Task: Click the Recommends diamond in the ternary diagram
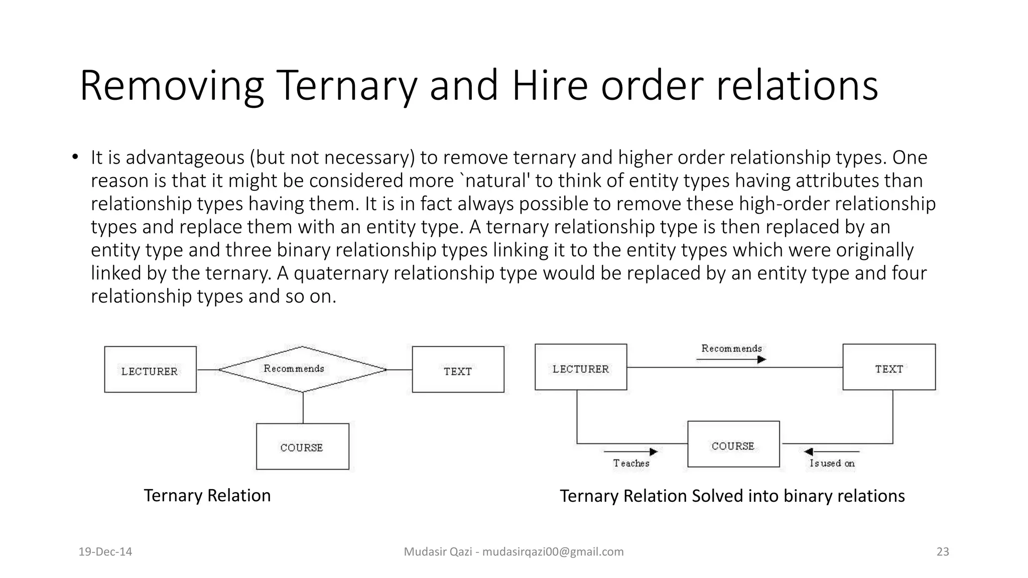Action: (302, 369)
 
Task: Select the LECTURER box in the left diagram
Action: (150, 370)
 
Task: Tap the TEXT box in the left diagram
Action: (458, 370)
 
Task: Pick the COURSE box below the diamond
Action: (302, 447)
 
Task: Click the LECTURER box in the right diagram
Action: (581, 367)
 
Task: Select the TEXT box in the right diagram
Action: (889, 367)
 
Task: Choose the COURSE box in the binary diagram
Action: (733, 445)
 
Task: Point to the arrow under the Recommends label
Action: (731, 359)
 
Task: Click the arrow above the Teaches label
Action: (630, 452)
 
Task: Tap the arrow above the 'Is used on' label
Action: (831, 452)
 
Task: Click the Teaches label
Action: (631, 464)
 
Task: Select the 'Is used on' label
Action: (832, 464)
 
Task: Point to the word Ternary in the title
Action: (346, 86)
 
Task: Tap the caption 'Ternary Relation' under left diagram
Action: (207, 496)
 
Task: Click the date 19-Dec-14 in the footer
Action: (105, 552)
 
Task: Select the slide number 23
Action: (943, 552)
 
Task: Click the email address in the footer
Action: (553, 552)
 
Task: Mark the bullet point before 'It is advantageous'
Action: (75, 158)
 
